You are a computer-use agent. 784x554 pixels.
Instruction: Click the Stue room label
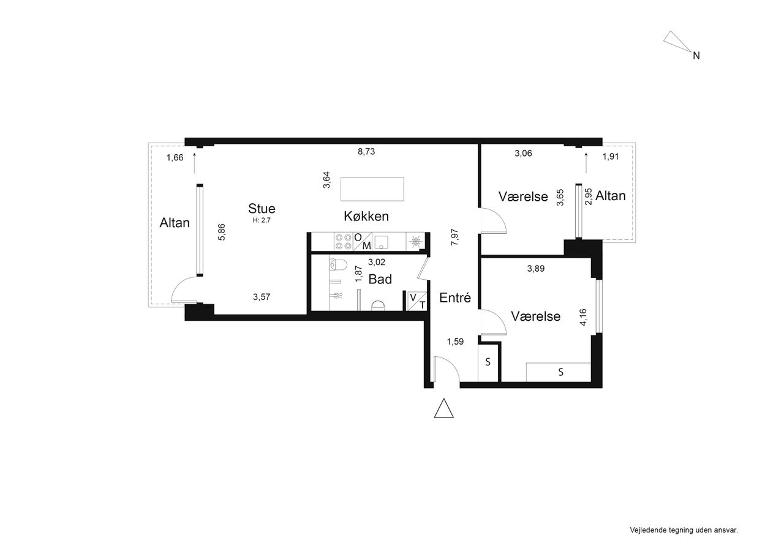pos(262,209)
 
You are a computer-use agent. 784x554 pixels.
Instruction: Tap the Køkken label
pos(366,216)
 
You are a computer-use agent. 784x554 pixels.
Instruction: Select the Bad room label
pos(380,279)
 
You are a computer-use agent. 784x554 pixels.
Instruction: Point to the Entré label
pos(455,298)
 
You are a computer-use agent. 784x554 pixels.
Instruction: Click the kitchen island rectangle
pos(372,189)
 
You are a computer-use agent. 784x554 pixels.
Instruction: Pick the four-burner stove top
pos(344,241)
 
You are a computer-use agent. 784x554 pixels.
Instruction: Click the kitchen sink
pos(380,242)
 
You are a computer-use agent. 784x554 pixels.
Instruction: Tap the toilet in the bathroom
pos(337,265)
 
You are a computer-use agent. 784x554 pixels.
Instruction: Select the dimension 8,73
pos(366,151)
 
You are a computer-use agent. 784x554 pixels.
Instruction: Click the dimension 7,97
pos(454,237)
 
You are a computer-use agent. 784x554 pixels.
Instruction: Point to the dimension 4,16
pos(583,317)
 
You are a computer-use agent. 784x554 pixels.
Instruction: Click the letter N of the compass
pos(696,56)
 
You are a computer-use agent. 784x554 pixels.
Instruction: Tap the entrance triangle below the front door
pos(444,408)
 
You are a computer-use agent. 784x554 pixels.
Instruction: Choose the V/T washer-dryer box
pos(417,301)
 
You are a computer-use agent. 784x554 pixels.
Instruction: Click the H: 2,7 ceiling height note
pos(262,220)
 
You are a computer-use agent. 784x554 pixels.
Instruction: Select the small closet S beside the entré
pos(488,362)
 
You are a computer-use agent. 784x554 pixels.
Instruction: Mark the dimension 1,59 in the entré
pos(455,342)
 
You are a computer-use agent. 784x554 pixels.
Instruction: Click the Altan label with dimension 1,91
pos(611,196)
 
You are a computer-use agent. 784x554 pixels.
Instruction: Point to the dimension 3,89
pos(536,269)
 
